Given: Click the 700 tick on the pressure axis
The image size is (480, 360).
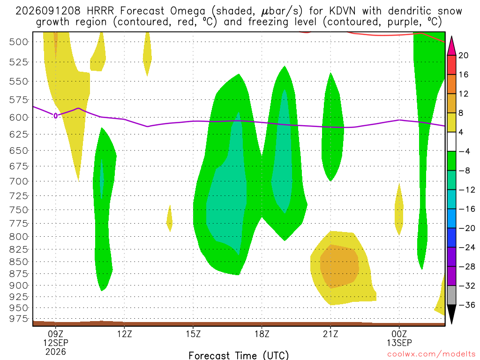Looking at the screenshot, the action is point(19,181).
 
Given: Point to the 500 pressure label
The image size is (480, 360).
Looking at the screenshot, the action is point(19,42).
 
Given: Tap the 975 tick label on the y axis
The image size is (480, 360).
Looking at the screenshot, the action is point(19,319).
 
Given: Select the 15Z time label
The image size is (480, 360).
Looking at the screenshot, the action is point(193,334).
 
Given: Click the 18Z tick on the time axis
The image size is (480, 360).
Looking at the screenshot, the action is point(262,334).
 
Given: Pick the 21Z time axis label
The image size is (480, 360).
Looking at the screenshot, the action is point(330,334).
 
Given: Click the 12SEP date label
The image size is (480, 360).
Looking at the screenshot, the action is point(55,343).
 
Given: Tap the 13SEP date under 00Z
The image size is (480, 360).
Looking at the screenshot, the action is point(399,343).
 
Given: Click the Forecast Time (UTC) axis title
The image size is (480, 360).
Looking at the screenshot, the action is point(239,355).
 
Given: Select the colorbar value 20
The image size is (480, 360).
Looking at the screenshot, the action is point(464,55).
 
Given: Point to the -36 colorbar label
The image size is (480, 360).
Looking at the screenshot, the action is point(467,305).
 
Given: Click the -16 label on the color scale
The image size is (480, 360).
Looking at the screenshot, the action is point(467,209).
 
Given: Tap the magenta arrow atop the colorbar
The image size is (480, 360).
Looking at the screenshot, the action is point(451,46).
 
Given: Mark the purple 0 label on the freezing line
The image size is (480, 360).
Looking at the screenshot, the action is point(55,116).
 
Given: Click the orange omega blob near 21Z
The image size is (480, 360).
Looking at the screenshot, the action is point(339,266).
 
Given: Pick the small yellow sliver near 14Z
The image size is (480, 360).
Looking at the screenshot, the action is point(169,218).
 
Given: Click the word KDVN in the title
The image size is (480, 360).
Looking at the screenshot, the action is point(343,11).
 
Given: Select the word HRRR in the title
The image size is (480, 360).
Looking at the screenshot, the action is point(100,11).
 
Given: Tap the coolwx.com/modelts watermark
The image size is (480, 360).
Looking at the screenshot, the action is point(431,354).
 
